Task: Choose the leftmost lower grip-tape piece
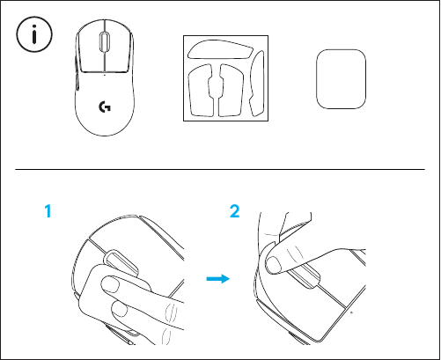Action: click(x=198, y=91)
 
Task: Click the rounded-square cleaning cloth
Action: click(x=337, y=77)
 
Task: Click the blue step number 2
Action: click(x=234, y=213)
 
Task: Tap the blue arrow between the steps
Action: click(x=217, y=279)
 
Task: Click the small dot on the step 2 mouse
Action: click(x=349, y=312)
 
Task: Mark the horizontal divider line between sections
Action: click(x=220, y=168)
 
